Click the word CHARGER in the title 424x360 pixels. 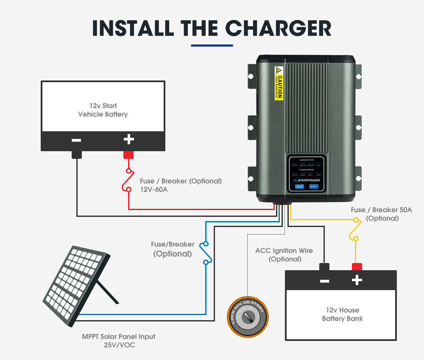coord(278,28)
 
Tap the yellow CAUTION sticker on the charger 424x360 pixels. coord(279,83)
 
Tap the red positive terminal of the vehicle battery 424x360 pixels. coord(128,155)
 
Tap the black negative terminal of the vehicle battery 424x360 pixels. coord(77,155)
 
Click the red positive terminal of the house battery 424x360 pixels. coord(357,266)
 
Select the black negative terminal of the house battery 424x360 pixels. coord(324,266)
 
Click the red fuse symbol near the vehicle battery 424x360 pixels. coord(128,180)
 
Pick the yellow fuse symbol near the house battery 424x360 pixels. coord(355,229)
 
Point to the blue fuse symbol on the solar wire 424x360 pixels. coord(206,253)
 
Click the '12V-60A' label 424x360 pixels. coord(154,189)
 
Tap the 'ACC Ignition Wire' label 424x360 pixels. coord(284,250)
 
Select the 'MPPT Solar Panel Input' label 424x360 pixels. coord(119,337)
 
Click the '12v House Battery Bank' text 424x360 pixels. coord(342,314)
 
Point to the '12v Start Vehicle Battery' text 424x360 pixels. coord(103,110)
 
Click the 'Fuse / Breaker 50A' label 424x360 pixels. coord(381,210)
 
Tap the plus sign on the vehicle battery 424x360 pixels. coord(128,139)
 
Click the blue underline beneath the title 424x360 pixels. coord(212,45)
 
